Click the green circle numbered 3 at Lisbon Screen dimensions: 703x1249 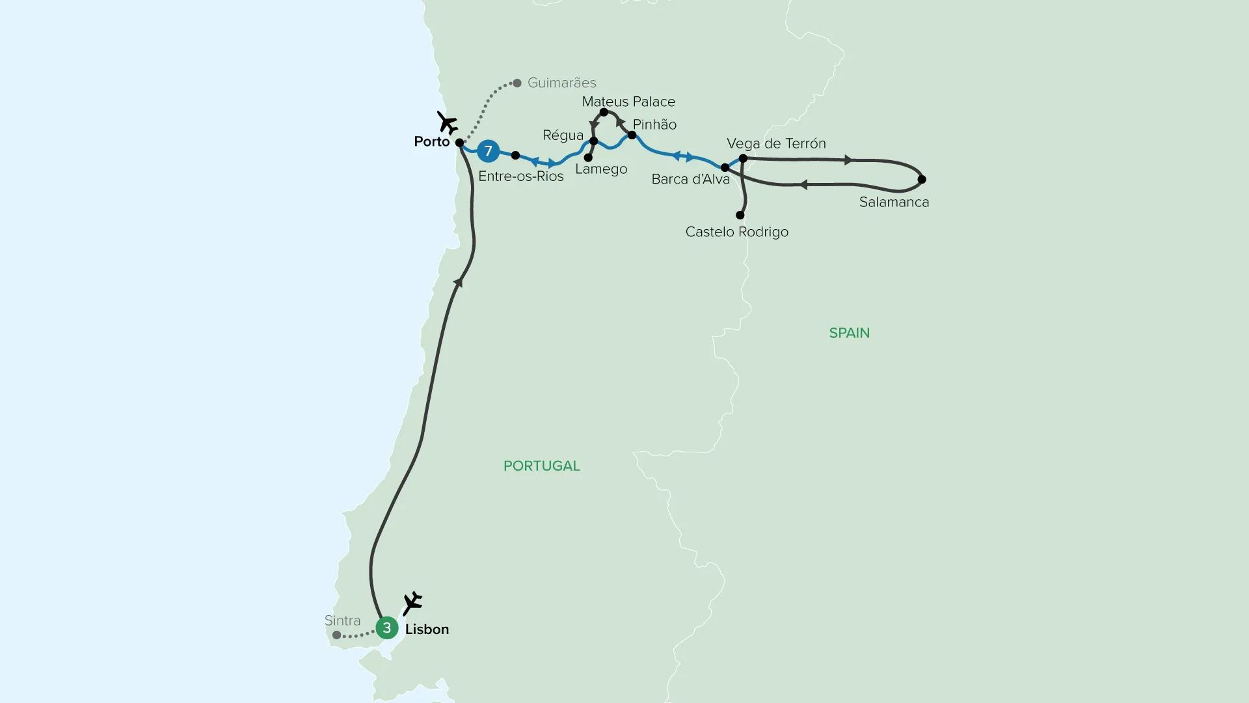click(387, 628)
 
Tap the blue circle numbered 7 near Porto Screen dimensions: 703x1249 click(488, 151)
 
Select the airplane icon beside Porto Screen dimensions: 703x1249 click(447, 122)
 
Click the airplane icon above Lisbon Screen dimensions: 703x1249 click(412, 603)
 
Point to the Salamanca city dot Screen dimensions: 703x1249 click(922, 179)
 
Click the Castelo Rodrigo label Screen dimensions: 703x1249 click(736, 232)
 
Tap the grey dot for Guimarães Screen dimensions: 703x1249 click(517, 83)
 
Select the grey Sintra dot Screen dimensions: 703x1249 click(336, 635)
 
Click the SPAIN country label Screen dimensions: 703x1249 click(849, 333)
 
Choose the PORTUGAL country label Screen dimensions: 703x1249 click(541, 466)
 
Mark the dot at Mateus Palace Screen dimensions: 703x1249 click(604, 113)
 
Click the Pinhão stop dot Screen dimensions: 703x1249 click(632, 135)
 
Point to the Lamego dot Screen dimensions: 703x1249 click(588, 158)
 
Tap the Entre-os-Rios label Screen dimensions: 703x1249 click(520, 176)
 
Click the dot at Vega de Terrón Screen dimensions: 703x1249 click(743, 158)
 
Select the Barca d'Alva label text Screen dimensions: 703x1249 click(690, 180)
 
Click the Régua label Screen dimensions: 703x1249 click(563, 135)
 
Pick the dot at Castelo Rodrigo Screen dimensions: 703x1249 click(740, 215)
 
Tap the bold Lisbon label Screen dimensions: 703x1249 click(427, 629)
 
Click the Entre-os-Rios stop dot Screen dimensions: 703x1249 click(515, 156)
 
